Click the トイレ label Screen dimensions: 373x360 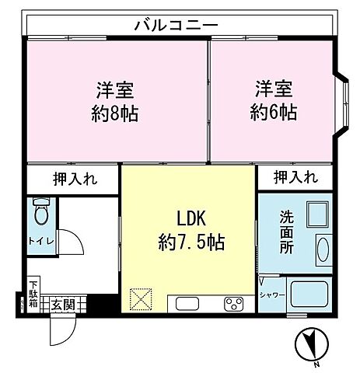[41, 241]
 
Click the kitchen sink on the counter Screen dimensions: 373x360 [190, 302]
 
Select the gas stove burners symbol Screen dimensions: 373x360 [233, 302]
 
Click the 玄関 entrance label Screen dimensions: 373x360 [64, 304]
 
